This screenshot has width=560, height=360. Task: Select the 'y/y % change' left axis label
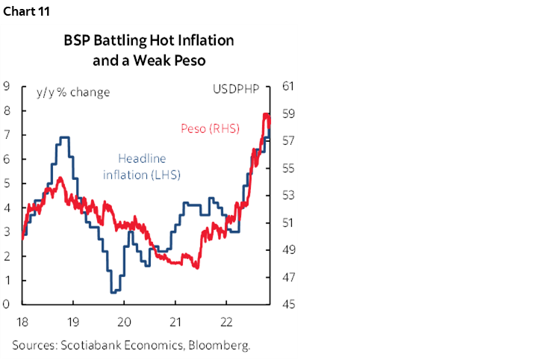click(x=73, y=92)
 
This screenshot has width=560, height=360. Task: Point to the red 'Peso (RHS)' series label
click(x=210, y=128)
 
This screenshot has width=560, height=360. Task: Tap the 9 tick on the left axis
click(x=6, y=86)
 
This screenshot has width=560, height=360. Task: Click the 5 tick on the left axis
click(x=6, y=183)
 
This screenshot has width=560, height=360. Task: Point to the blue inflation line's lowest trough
click(x=113, y=292)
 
